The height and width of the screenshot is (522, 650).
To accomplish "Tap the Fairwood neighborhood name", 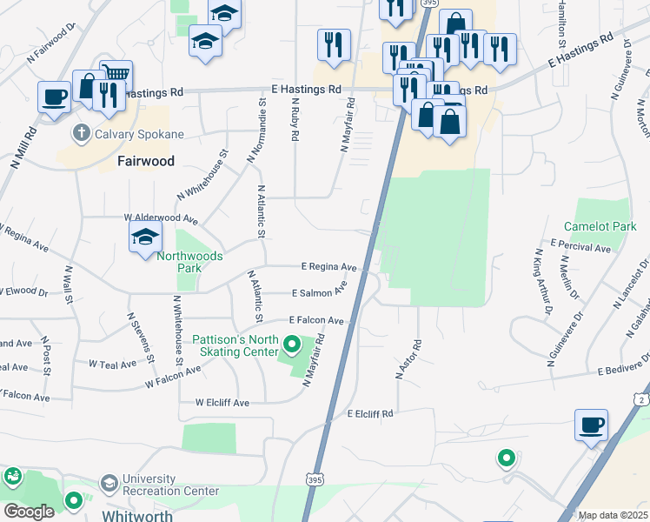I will tap(146, 161).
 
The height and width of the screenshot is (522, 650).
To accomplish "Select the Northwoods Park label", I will tap(189, 262).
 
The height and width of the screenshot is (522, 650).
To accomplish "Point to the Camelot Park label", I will tap(600, 227).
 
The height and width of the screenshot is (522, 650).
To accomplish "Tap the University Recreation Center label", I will tap(170, 485).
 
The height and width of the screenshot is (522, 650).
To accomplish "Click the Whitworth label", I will tap(137, 515).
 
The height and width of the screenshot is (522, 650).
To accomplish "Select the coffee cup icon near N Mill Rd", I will tap(55, 96).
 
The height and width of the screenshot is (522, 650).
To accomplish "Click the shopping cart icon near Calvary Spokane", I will tap(116, 74).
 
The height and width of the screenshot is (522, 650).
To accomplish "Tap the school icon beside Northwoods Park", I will tap(146, 236).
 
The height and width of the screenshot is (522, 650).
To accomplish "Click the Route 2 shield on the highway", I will tap(640, 398).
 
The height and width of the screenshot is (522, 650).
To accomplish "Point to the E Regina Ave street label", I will tap(329, 267).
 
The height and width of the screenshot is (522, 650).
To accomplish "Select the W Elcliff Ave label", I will tap(222, 403).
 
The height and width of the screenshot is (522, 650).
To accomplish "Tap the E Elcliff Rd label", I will tap(370, 413).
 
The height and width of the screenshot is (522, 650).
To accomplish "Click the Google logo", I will tap(29, 512).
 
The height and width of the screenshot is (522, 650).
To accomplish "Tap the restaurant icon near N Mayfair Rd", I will tap(334, 44).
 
